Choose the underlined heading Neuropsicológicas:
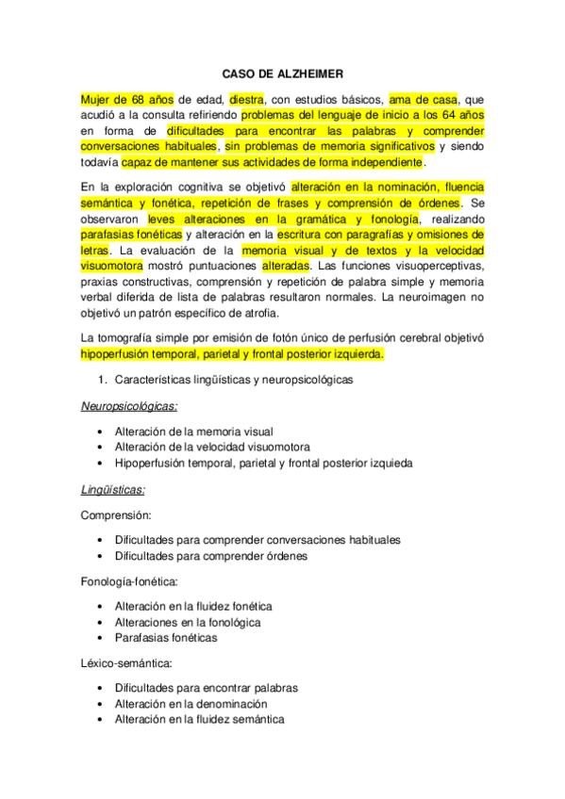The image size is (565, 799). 128,405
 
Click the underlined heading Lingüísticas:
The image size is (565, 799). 112,490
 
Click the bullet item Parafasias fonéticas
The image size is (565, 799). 166,638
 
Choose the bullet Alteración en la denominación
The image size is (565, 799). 191,704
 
